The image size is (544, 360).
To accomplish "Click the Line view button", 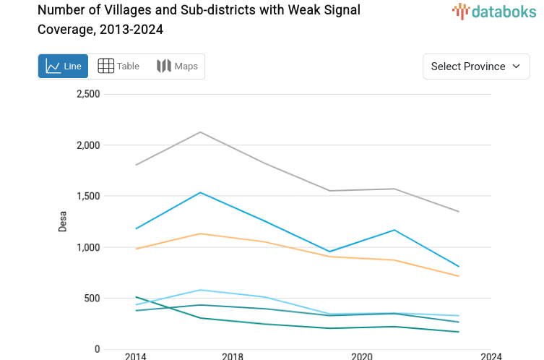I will [64, 67].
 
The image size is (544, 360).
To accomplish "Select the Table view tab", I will [118, 67].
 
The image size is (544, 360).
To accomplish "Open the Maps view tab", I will [177, 67].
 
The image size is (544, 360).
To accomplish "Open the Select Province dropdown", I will [475, 67].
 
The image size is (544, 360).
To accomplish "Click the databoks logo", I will [491, 11].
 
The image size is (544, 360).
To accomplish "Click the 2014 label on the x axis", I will [135, 356].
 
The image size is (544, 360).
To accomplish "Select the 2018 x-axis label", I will [233, 356].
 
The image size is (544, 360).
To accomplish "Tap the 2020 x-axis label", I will [361, 356].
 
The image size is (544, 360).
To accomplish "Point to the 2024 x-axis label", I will [491, 356].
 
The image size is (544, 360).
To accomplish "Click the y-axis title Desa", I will [63, 222].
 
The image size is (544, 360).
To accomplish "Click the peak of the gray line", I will [200, 132].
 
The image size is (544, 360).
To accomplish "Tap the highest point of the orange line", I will [200, 233].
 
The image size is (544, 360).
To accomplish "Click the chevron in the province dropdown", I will [516, 67].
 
